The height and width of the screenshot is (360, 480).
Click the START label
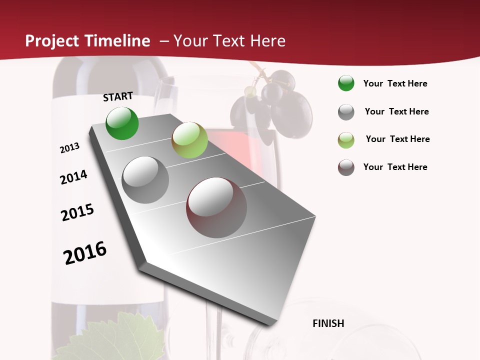click(x=118, y=96)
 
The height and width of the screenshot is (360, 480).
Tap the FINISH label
click(x=328, y=323)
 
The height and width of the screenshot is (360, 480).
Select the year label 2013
click(x=69, y=148)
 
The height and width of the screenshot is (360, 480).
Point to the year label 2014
click(x=73, y=177)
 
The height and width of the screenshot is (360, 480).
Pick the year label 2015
click(x=77, y=212)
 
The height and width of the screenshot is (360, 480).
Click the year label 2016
click(x=85, y=253)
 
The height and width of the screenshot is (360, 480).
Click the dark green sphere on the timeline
click(x=122, y=123)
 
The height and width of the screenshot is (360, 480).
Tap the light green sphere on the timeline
click(x=189, y=140)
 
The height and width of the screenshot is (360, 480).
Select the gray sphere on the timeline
click(x=145, y=180)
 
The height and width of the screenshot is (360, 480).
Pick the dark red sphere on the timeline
click(x=216, y=207)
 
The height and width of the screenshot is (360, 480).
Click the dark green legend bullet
click(x=346, y=83)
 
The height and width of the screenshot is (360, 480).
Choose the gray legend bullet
click(x=346, y=112)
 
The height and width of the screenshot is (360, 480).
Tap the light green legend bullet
click(x=346, y=140)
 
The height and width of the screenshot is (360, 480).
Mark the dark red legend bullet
click(x=346, y=167)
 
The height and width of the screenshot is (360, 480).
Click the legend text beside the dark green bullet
click(x=395, y=83)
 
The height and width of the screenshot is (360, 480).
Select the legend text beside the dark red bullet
click(x=395, y=167)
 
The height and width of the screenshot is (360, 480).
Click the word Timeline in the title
click(x=118, y=41)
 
